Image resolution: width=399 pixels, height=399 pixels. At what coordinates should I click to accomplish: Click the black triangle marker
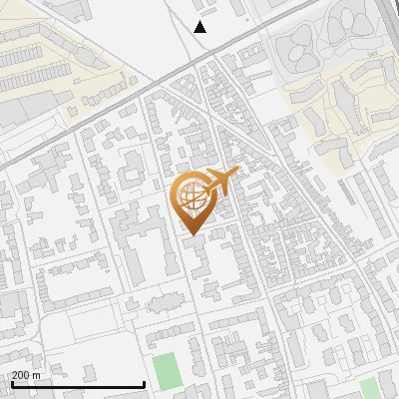pyautogui.click(x=200, y=27)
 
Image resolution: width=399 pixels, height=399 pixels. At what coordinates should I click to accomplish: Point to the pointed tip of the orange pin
pyautogui.click(x=191, y=234)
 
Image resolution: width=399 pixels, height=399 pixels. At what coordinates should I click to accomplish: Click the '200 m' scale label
pyautogui.click(x=27, y=375)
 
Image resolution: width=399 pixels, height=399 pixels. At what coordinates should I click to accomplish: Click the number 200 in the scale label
pyautogui.click(x=22, y=375)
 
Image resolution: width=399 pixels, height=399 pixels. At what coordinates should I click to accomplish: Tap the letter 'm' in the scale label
pyautogui.click(x=37, y=375)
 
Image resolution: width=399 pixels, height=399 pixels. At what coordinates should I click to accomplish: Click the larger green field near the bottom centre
pyautogui.click(x=165, y=371)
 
